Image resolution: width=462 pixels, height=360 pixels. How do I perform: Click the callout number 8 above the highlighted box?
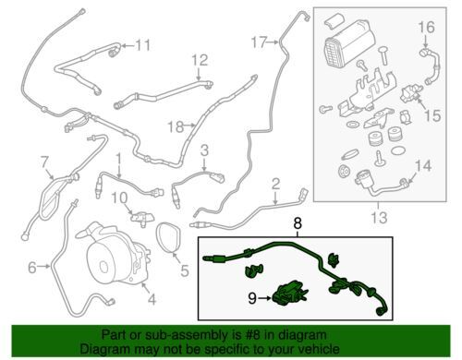(x=298, y=223)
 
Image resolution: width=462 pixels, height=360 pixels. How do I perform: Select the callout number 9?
(x=252, y=298)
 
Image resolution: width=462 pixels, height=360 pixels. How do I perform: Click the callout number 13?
(x=379, y=218)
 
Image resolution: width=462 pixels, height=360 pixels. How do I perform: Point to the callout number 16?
(x=426, y=27)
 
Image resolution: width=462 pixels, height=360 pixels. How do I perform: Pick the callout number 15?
(x=432, y=115)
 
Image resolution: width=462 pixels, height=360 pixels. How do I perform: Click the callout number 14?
(x=423, y=166)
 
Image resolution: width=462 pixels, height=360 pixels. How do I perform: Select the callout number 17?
(x=259, y=42)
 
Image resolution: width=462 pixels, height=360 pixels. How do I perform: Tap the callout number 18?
(x=176, y=126)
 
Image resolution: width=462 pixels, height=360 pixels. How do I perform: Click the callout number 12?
(x=200, y=60)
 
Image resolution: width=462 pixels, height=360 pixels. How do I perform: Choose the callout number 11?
(x=143, y=45)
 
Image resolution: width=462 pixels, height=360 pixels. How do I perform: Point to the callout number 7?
(x=45, y=162)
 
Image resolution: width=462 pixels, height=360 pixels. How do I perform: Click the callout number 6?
(x=32, y=268)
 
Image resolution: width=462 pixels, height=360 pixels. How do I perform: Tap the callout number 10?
(x=119, y=198)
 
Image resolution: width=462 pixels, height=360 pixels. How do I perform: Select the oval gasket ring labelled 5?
(x=169, y=238)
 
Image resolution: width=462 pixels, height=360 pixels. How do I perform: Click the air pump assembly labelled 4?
(x=113, y=252)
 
